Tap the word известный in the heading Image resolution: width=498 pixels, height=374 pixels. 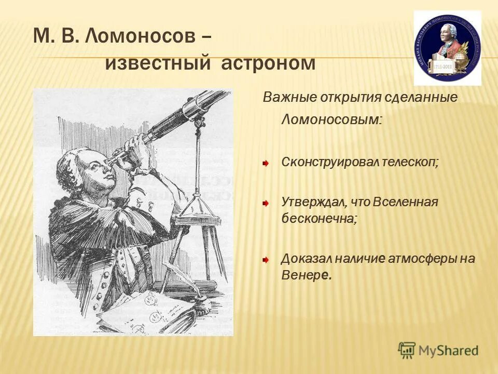tap(157, 63)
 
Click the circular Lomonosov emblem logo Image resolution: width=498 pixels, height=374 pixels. tap(447, 48)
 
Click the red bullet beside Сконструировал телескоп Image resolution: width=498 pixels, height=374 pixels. tap(265, 163)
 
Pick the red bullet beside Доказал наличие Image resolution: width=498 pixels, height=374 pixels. tap(265, 259)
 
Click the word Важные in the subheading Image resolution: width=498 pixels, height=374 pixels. tap(283, 97)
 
